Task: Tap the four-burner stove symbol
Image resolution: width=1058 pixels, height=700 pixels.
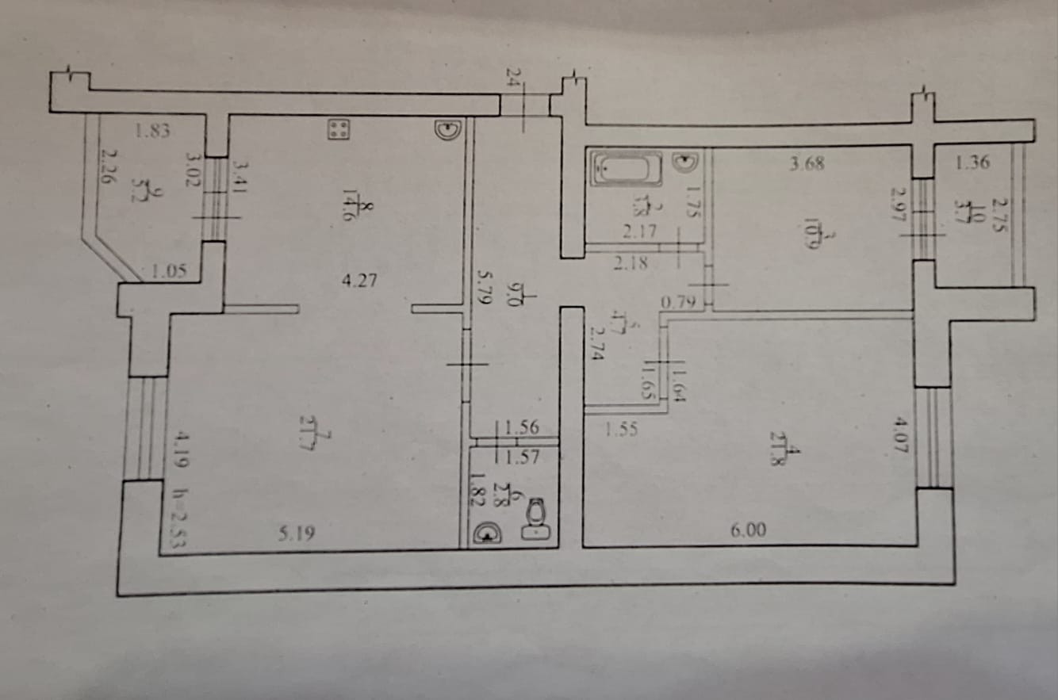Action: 339,129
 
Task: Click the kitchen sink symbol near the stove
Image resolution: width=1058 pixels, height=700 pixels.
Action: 447,129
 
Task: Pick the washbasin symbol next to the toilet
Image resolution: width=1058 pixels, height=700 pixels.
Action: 485,535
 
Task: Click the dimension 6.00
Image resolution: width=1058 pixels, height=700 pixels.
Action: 748,531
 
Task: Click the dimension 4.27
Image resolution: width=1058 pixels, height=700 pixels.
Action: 358,280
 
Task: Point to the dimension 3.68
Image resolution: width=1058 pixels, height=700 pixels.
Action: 807,165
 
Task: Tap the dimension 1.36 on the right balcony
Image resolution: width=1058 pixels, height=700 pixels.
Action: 972,164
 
